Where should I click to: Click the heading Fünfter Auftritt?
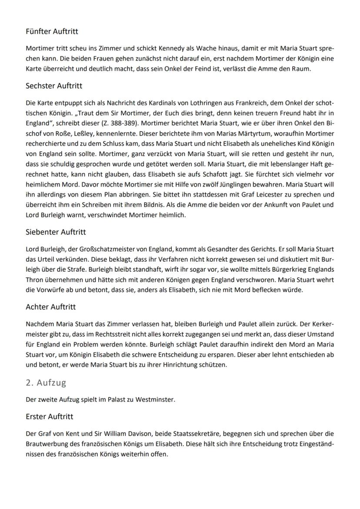(x=52, y=32)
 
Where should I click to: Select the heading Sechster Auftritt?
(x=54, y=86)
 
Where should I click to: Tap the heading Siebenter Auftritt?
(x=56, y=232)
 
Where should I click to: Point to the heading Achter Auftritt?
(x=50, y=307)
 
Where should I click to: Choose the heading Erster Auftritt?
(x=50, y=416)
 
